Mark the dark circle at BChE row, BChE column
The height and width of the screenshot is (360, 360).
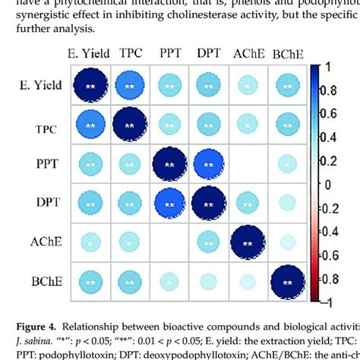[x=286, y=283]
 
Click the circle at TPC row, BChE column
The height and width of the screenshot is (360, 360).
[x=286, y=125]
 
